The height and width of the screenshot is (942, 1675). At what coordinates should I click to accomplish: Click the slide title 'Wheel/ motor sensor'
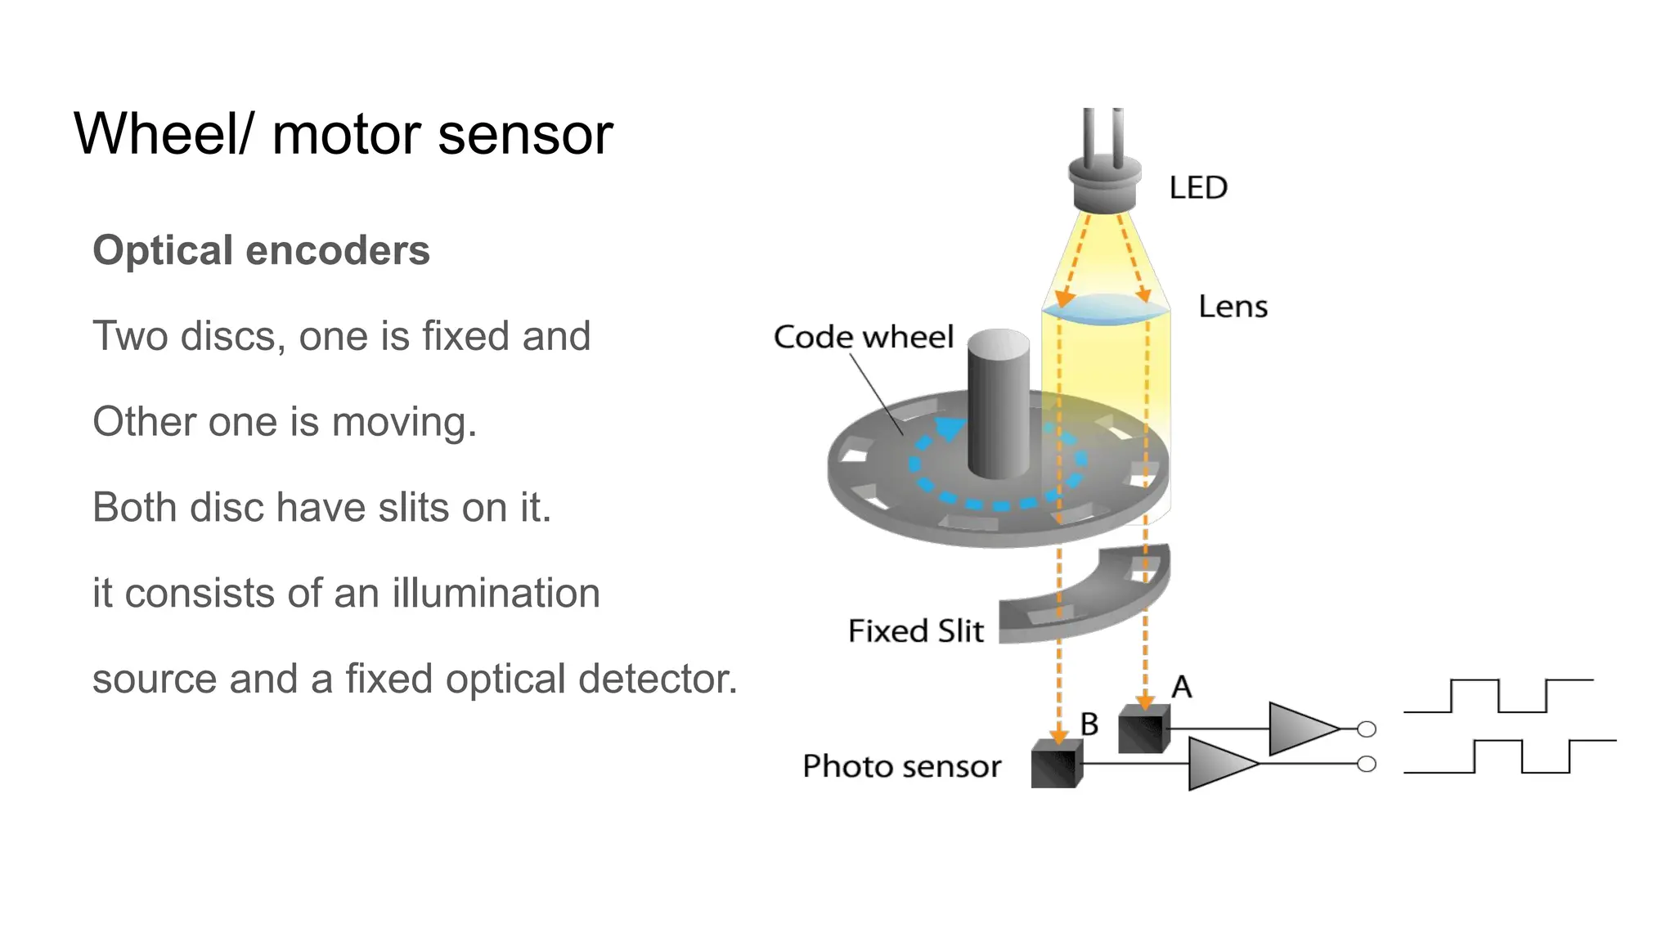coord(344,134)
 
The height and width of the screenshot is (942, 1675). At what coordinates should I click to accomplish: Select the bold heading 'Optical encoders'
coord(261,250)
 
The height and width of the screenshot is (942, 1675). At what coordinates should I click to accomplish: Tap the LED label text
coord(1197,188)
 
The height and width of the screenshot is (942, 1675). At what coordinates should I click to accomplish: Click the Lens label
coord(1233,307)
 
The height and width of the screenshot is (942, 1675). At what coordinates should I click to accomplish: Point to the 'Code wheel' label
coord(863,337)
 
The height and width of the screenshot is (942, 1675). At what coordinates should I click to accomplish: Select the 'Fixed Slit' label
coord(915,631)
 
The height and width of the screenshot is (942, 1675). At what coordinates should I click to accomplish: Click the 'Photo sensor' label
coord(901,767)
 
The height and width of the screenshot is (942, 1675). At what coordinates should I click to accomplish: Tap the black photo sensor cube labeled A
coord(1143,729)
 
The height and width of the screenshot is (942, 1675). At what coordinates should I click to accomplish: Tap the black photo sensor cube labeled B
coord(1056,764)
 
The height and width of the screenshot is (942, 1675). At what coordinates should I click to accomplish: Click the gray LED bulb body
coord(1104,184)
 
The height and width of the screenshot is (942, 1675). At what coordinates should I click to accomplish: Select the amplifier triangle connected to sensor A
coord(1301,728)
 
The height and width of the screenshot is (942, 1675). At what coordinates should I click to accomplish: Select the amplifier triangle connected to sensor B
coord(1219,764)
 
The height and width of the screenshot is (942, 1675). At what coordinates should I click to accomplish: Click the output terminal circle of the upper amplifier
coord(1367,729)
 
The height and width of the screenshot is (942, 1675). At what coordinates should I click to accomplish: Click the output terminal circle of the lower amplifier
coord(1367,764)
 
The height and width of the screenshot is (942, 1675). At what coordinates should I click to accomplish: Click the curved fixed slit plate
coord(1096,601)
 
